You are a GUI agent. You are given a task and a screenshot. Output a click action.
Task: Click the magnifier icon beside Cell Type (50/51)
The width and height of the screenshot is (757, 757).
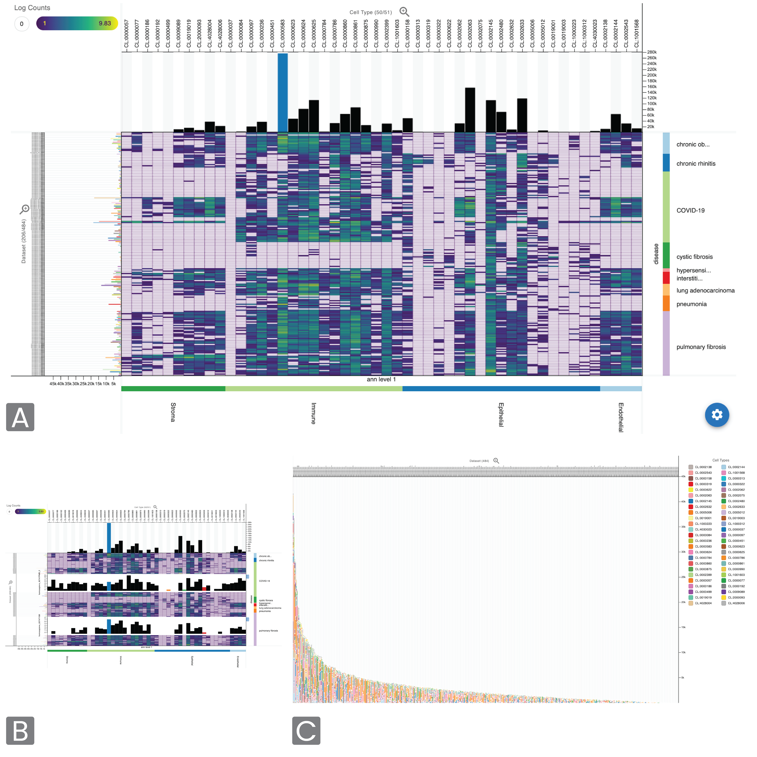tap(404, 12)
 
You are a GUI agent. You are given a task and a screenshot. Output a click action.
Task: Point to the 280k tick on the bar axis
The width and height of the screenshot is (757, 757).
tap(651, 52)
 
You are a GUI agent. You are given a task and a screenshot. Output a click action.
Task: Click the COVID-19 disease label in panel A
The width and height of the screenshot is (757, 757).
tap(690, 210)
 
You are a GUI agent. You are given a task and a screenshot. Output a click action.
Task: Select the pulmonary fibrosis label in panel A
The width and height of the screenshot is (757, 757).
tap(701, 347)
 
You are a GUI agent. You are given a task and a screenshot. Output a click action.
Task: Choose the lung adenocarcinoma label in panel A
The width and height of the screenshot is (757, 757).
tap(705, 290)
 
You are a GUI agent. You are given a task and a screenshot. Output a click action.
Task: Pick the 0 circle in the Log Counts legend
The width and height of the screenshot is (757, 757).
tap(22, 24)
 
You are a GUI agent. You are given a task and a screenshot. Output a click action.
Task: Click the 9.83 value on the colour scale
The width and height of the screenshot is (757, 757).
tap(105, 24)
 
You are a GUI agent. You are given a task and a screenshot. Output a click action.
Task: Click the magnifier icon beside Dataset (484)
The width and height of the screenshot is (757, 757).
tap(496, 461)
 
